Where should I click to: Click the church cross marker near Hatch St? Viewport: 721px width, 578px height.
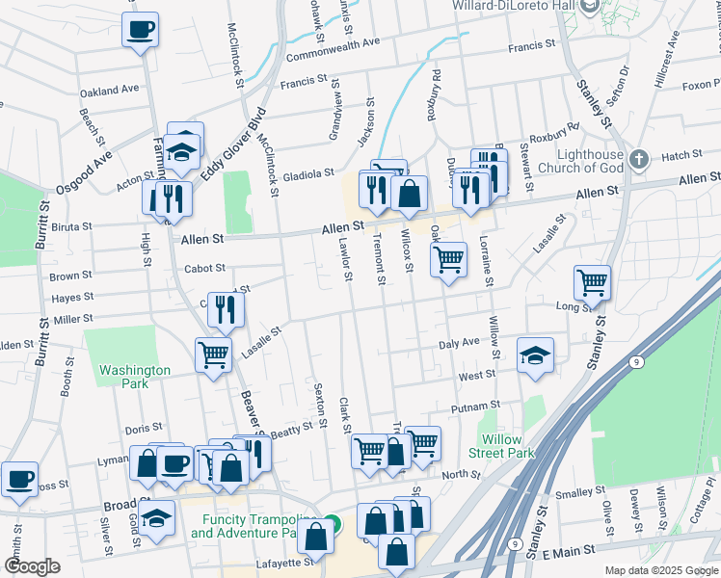[x=637, y=157]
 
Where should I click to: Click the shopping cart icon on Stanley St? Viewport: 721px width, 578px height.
[x=592, y=281]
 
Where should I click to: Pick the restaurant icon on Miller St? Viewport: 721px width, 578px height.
[x=226, y=308]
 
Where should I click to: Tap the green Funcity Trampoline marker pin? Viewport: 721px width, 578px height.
[x=332, y=525]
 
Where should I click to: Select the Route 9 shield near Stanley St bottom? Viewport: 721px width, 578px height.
[x=517, y=544]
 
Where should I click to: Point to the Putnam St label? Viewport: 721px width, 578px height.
[x=482, y=406]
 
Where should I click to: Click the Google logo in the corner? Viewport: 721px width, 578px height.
[x=32, y=566]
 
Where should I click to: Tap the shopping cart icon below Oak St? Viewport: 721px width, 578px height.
[x=448, y=258]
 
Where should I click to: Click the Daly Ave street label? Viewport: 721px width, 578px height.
[x=458, y=343]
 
